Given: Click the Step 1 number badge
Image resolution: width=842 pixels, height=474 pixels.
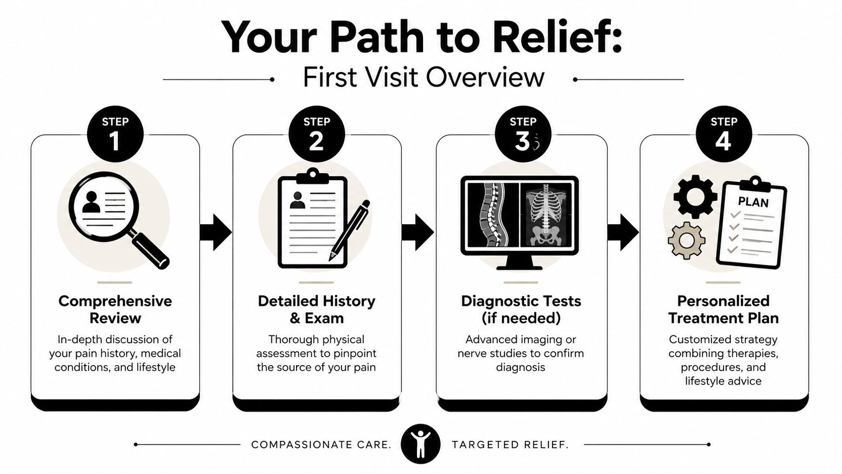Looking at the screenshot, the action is [115, 134].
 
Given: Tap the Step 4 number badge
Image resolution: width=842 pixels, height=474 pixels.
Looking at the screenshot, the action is [724, 134].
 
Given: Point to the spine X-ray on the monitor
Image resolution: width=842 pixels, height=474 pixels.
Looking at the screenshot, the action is [492, 214].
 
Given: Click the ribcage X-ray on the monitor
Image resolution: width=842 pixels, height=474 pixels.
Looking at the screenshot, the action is [546, 214].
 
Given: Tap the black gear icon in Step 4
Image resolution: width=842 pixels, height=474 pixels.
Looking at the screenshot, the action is [695, 196].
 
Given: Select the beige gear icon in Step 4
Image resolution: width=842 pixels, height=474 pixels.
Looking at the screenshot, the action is [686, 240].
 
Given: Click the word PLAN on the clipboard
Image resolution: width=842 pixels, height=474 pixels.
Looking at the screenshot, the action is [753, 202].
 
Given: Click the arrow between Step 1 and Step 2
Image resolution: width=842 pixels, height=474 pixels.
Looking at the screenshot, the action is [215, 232].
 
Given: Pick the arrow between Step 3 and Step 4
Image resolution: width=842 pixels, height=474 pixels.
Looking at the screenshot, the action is [623, 232].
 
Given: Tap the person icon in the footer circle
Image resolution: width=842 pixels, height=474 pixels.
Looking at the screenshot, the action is [420, 445].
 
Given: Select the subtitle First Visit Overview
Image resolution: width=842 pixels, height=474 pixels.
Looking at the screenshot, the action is [424, 78].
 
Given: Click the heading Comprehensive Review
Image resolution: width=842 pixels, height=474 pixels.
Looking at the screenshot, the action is [115, 309].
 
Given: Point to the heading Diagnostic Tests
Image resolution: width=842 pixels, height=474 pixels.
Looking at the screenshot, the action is [521, 301].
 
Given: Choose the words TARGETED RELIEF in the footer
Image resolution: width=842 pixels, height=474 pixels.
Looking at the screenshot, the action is [510, 445].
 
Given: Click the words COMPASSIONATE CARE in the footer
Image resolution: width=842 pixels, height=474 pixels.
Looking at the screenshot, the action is [321, 445].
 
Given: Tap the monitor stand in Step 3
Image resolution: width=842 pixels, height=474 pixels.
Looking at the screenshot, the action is [520, 262].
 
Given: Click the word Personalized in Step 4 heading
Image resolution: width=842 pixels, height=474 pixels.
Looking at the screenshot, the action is [723, 301].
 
